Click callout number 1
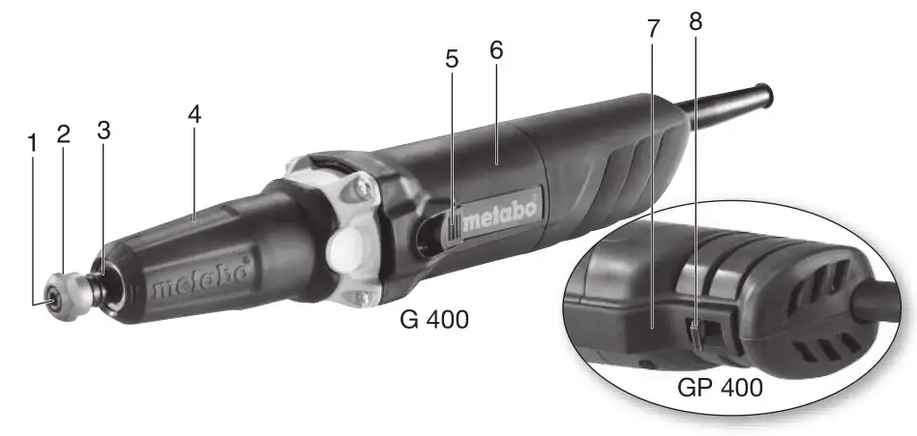32,143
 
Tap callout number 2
63,133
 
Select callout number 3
103,130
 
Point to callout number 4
194,113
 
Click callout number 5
452,60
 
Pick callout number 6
496,50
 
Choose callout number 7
653,29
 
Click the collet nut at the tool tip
61,291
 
